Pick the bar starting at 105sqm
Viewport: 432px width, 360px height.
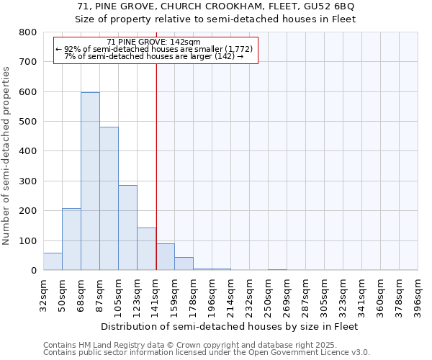[127, 228]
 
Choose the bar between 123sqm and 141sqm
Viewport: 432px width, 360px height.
[146, 249]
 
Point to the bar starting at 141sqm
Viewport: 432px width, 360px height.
[165, 257]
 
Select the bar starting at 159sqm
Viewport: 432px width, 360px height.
[184, 264]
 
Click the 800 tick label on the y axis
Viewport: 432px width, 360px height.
[27, 32]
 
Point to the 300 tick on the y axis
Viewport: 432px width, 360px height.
[27, 181]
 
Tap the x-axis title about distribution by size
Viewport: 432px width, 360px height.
[230, 326]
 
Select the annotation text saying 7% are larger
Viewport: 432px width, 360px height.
[153, 56]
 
